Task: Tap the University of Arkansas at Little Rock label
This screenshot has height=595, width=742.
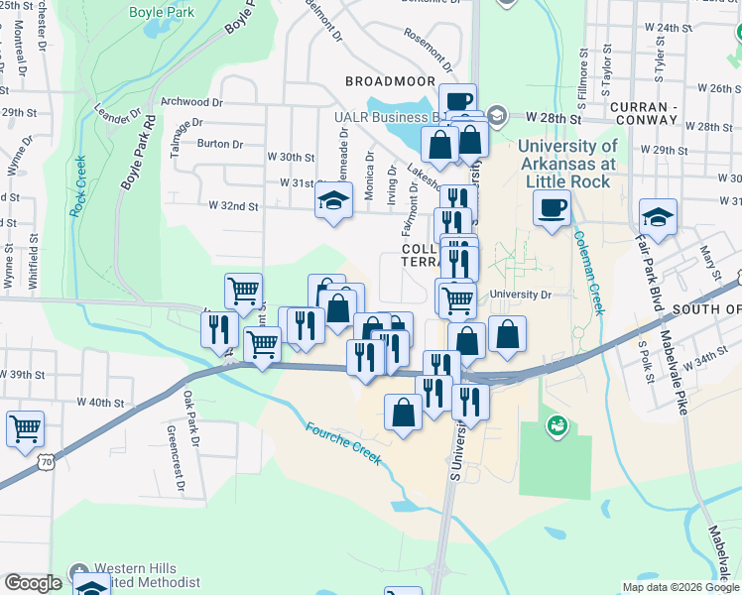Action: (x=566, y=164)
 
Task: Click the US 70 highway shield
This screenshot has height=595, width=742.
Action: (x=45, y=463)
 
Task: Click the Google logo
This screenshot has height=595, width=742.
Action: (x=33, y=582)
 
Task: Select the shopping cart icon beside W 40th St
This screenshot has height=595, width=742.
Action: (x=25, y=429)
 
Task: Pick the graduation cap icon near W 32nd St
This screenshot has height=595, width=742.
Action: (x=334, y=202)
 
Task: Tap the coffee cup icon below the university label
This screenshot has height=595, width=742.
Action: (x=552, y=208)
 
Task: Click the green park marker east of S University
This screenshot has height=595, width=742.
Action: (x=556, y=426)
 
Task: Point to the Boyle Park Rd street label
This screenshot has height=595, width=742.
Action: (x=137, y=154)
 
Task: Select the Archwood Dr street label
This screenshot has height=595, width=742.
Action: (x=185, y=101)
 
